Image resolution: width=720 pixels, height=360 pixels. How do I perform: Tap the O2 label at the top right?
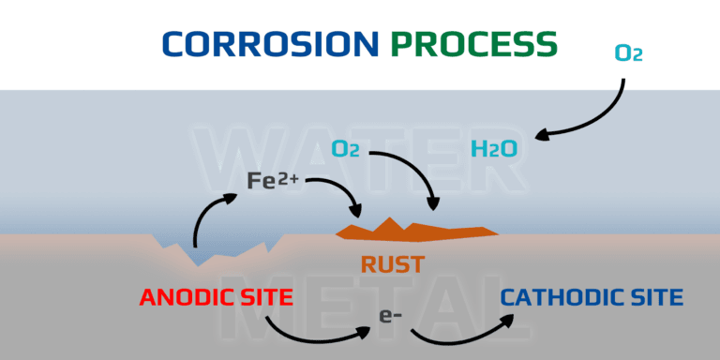click(x=628, y=53)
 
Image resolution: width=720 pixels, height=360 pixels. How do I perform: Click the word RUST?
click(x=392, y=264)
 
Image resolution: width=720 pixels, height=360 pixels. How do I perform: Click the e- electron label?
click(x=391, y=317)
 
